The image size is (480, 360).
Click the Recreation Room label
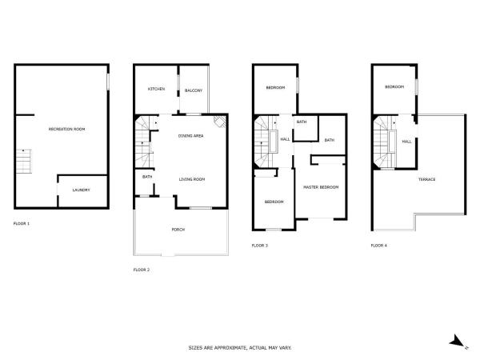tap(66, 129)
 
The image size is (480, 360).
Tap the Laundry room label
tap(81, 190)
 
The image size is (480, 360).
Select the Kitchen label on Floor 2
tap(157, 89)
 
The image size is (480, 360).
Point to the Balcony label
tap(194, 90)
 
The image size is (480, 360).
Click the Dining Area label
tap(190, 136)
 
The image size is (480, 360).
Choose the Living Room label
tap(192, 179)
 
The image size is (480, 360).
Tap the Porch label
tap(178, 230)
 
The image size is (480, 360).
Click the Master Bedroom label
tap(321, 187)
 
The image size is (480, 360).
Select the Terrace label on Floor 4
tap(426, 179)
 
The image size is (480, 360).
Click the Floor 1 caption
tap(22, 223)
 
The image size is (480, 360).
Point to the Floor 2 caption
tap(142, 270)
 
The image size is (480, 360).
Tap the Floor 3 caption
tap(259, 246)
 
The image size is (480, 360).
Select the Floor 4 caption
tap(378, 246)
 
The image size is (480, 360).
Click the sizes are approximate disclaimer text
tap(240, 348)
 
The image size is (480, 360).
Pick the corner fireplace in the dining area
tap(220, 122)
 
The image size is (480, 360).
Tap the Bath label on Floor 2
tap(147, 177)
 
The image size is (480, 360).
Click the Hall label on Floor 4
tap(406, 142)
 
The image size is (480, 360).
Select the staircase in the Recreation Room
tap(23, 162)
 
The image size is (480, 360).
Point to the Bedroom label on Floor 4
tap(394, 87)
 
